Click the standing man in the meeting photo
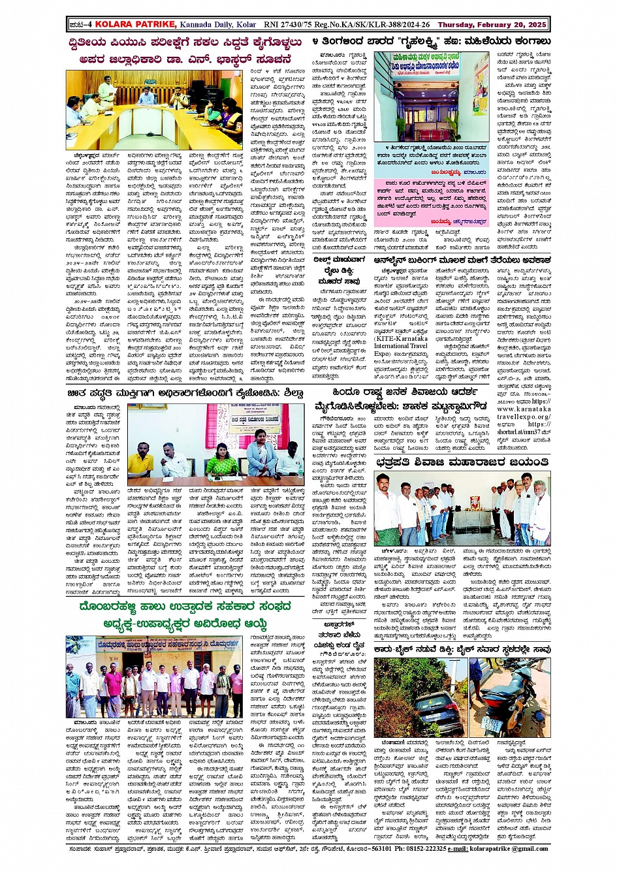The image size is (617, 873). [104, 87]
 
